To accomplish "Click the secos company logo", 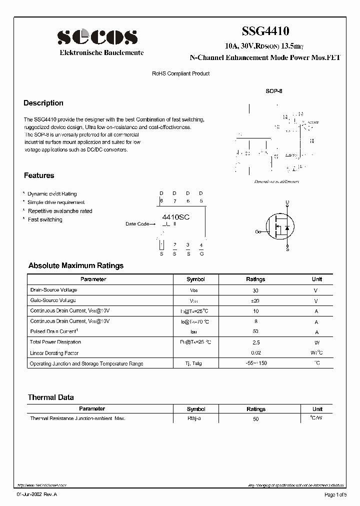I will pos(97,37).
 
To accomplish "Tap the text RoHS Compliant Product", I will pos(180,73).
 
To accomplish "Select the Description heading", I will pos(43,103).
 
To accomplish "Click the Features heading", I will pos(39,175).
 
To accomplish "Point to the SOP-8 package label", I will pos(273,92).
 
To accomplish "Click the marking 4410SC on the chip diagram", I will pos(175,217).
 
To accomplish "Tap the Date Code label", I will pos(137,224).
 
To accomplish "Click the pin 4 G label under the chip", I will pos(201,253).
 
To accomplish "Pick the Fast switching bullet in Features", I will pos(45,219).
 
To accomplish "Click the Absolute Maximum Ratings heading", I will pos(76,265).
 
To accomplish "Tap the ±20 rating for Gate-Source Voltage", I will pos(255,300).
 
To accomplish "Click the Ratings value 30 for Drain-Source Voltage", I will pos(255,290).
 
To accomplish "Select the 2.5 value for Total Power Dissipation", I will pos(255,342).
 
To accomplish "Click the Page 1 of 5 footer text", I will pos(334,494).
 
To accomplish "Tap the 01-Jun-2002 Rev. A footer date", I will pos(37,494).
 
